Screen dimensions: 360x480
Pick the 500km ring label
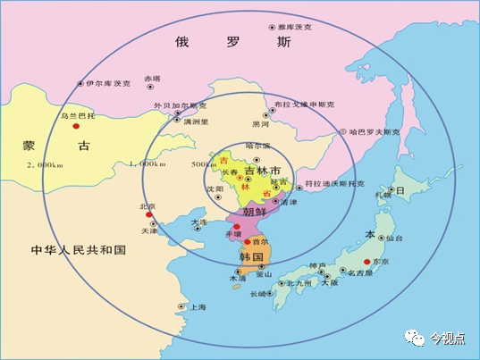204,164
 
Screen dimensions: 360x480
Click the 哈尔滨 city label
257,145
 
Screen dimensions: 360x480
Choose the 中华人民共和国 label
78,249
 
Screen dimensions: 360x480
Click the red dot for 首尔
248,241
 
